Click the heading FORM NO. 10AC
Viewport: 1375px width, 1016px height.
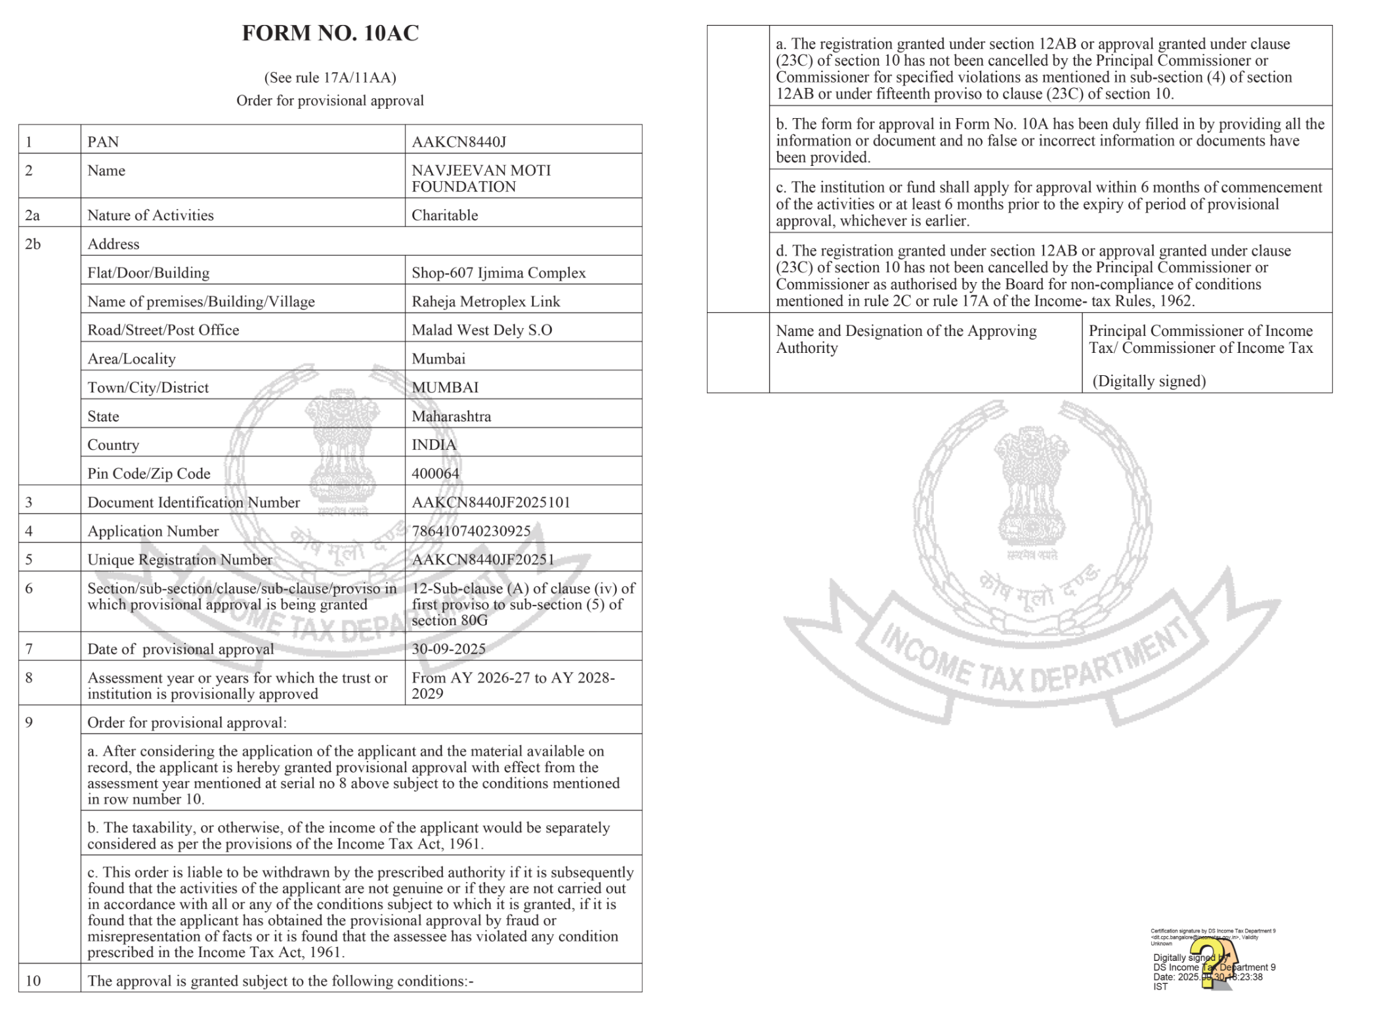tap(330, 33)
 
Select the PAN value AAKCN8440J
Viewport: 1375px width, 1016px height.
tap(459, 142)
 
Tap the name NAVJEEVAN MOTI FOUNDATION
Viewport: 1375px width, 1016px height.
tap(480, 178)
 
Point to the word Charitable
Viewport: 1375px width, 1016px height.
tap(444, 215)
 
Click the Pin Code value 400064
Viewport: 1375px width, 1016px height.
tap(435, 474)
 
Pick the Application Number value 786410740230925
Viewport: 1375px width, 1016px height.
tap(471, 531)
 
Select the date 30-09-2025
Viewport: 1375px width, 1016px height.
tap(448, 649)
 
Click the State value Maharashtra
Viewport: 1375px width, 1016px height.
tap(451, 417)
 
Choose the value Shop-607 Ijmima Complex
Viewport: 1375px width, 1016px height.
tap(498, 273)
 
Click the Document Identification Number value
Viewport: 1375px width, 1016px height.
tap(490, 502)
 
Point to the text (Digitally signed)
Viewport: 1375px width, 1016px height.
tap(1149, 381)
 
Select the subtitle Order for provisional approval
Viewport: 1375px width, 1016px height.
tap(330, 100)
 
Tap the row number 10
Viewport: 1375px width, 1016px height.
tap(33, 981)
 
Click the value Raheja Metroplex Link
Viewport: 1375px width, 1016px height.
tap(486, 302)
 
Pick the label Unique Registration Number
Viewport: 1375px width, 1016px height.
tap(179, 559)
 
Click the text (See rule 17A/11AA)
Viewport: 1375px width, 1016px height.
tap(330, 77)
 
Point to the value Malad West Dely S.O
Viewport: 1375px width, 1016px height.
tap(482, 330)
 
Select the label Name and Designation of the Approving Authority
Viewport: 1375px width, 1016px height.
tap(906, 339)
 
